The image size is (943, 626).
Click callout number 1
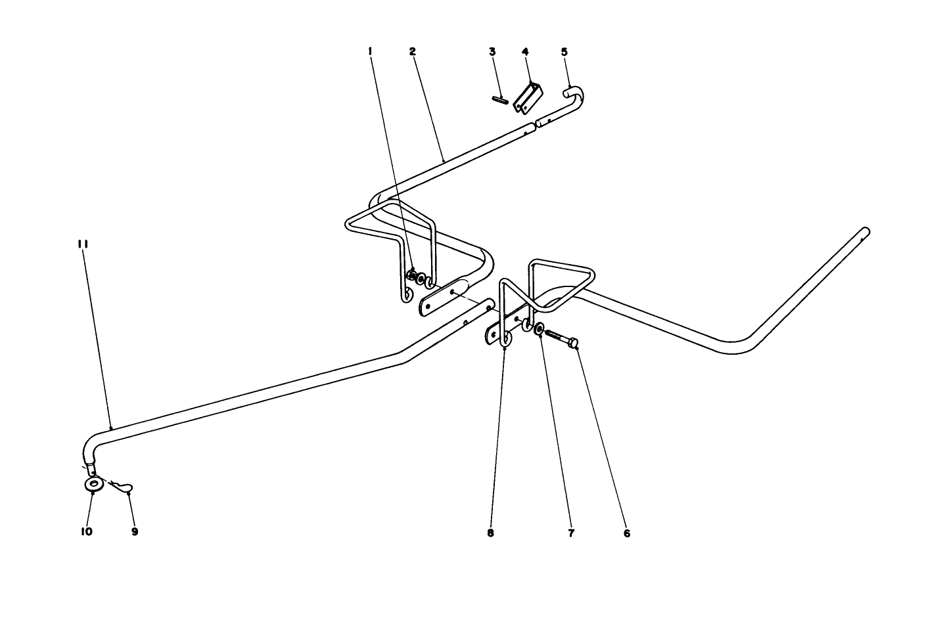pos(371,51)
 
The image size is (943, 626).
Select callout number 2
pos(412,51)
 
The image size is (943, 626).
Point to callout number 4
pos(525,51)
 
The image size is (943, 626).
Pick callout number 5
pos(564,51)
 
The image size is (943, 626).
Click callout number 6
pos(626,533)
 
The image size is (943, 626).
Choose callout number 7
pos(570,533)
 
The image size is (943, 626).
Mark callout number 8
pos(490,533)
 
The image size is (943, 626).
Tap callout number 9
pos(135,531)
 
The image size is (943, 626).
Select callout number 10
pos(87,531)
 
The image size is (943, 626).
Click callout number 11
pos(83,244)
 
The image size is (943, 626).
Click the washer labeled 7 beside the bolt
pos(539,329)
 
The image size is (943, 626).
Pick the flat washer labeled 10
pos(93,485)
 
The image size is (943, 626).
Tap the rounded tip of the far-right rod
pos(865,231)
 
